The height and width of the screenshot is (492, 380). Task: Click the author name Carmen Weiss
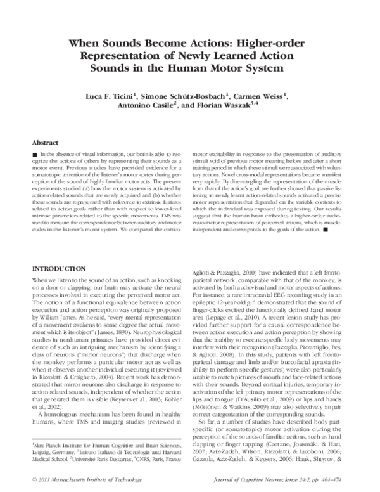tap(262, 95)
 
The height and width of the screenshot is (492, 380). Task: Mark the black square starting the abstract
tap(34, 155)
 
